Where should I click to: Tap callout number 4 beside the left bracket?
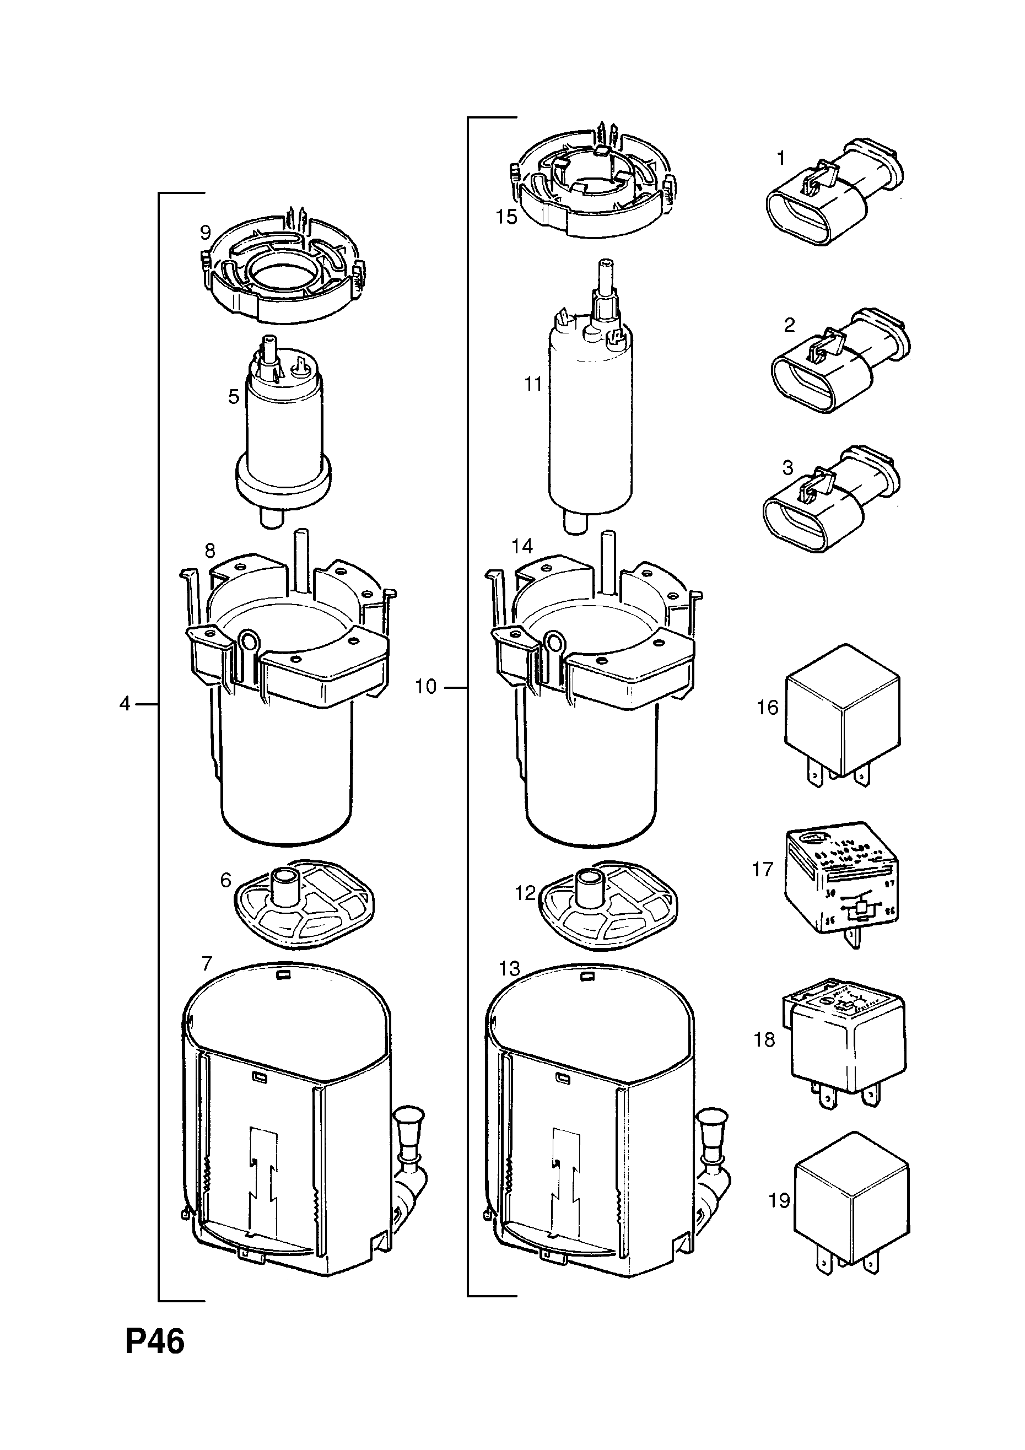pos(125,703)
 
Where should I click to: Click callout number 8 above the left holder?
pos(209,551)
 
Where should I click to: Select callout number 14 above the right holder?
pos(522,546)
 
